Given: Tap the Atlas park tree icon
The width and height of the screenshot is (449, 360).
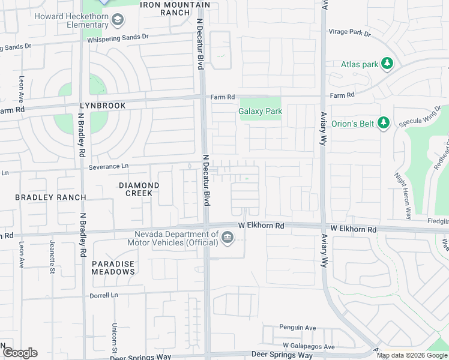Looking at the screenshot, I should [x=388, y=64].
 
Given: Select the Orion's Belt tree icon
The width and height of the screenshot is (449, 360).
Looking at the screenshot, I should [x=385, y=124].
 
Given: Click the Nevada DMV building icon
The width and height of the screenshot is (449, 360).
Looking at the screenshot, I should [x=228, y=238].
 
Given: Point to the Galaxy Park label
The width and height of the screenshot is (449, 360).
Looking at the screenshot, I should [x=260, y=112].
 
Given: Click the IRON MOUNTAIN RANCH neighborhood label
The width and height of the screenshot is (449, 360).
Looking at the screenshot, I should [x=175, y=8].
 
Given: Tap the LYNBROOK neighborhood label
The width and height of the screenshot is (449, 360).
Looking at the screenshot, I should [x=103, y=106].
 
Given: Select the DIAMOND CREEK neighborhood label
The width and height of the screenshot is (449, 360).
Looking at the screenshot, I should [x=139, y=190].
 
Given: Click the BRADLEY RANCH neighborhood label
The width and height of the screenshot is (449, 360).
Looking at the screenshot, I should [x=50, y=197].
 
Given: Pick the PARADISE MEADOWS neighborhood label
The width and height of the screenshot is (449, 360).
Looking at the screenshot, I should [x=113, y=268].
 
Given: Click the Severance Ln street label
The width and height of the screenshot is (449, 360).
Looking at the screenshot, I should [x=109, y=167].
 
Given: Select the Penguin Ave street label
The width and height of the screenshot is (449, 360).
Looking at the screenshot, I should [x=297, y=328].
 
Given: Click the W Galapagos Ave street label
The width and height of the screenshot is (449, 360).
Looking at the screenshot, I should [x=309, y=347].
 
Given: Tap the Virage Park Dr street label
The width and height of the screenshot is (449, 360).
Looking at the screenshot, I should [x=349, y=33].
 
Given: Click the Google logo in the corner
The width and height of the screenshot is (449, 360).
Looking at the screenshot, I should [x=19, y=353].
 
